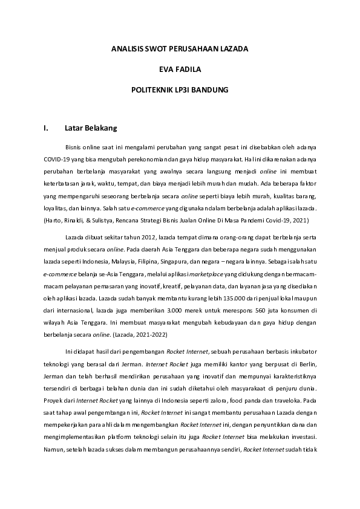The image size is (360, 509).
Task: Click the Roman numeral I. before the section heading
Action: click(46, 128)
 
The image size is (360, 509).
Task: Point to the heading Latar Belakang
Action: click(90, 128)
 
